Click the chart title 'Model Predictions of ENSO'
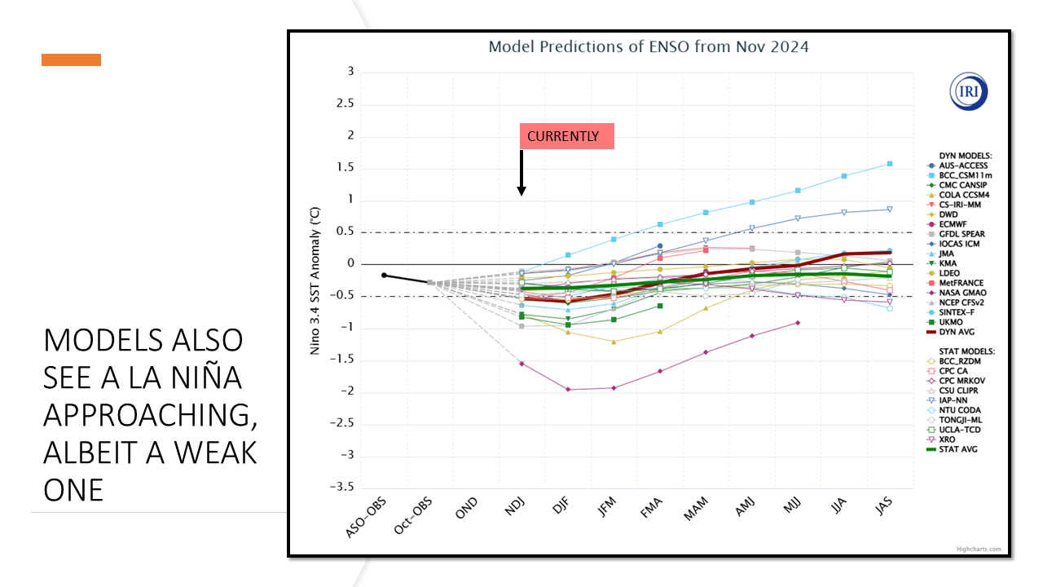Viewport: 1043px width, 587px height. [x=648, y=46]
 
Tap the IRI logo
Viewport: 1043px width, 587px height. [x=969, y=91]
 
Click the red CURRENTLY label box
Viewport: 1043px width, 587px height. [x=566, y=137]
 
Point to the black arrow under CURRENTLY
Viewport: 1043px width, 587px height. [x=521, y=174]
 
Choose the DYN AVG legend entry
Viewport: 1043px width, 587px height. [x=958, y=332]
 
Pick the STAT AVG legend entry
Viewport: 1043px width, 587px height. [x=958, y=449]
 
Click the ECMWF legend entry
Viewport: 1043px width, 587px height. [x=956, y=224]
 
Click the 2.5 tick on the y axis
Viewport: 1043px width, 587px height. [x=345, y=104]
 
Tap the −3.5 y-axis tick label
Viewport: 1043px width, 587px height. [x=341, y=488]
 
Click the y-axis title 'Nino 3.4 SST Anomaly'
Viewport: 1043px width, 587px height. [x=315, y=281]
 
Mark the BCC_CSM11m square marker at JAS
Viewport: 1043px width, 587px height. [x=890, y=164]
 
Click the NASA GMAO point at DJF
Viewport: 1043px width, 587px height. [x=568, y=390]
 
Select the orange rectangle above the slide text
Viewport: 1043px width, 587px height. [x=72, y=60]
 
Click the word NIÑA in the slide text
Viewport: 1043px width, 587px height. [x=200, y=378]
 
